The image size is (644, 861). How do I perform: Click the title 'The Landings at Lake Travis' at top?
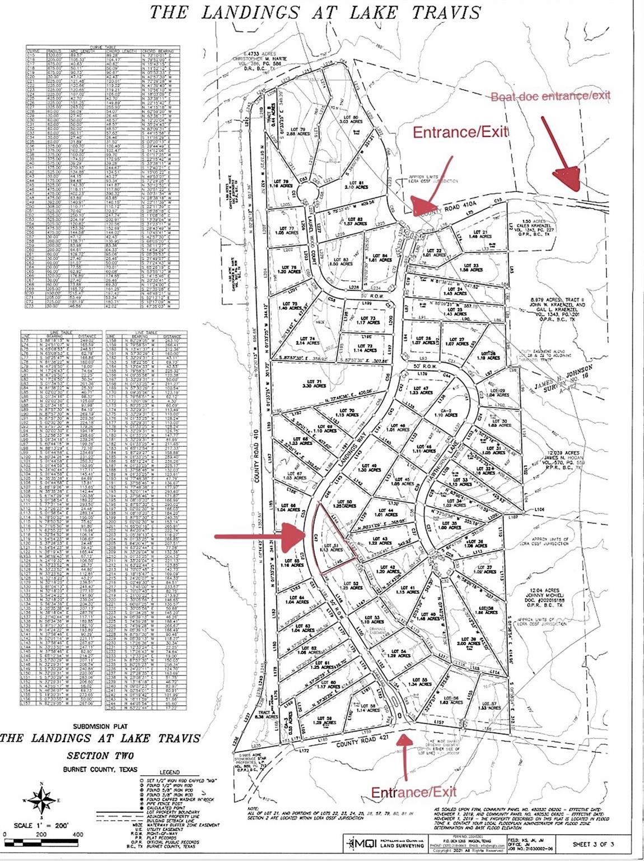point(315,12)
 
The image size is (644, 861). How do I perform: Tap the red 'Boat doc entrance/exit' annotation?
point(550,96)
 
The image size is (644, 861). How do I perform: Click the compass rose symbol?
point(40,798)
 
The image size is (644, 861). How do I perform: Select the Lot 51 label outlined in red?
point(334,547)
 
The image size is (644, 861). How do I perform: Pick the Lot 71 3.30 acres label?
point(315,383)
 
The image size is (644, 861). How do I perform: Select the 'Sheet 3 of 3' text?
point(593,844)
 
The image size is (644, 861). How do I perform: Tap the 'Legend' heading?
point(170,772)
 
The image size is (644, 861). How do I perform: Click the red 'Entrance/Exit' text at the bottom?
point(414,791)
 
